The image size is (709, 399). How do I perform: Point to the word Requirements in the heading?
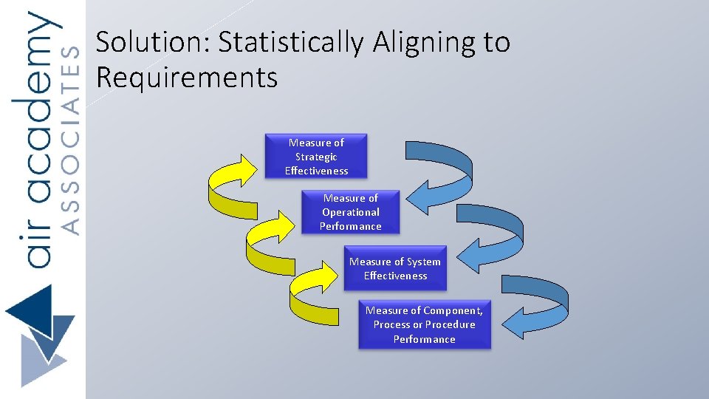pos(186,77)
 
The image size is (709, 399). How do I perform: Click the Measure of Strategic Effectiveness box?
pos(316,157)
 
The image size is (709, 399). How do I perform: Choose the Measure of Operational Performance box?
pos(350,212)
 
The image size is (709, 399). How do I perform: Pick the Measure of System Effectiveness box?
pos(395,269)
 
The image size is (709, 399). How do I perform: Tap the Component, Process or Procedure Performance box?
pos(424,325)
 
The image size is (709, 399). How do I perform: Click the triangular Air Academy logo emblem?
pos(41,336)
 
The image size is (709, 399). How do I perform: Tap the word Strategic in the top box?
pos(316,157)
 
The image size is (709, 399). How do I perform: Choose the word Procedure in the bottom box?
pos(451,325)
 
